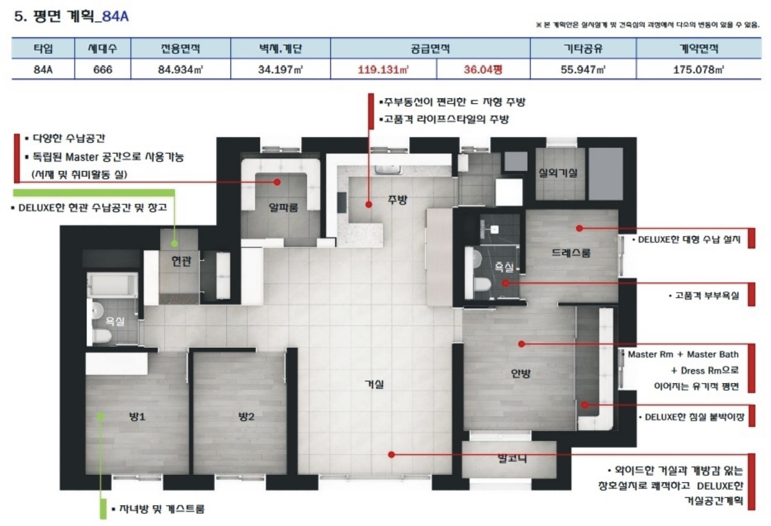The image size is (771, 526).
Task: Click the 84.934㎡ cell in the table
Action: pyautogui.click(x=180, y=69)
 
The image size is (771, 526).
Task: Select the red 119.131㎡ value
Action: pyautogui.click(x=383, y=69)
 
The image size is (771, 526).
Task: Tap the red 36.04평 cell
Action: pyautogui.click(x=483, y=69)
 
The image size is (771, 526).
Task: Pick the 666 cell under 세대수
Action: pyautogui.click(x=103, y=69)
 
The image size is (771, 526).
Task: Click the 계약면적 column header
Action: pyautogui.click(x=699, y=49)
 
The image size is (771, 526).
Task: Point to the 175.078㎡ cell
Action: pyautogui.click(x=699, y=69)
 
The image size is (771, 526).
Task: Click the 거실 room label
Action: pyautogui.click(x=374, y=384)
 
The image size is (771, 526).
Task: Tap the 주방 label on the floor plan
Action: pyautogui.click(x=397, y=200)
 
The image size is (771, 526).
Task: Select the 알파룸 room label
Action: pyautogui.click(x=283, y=207)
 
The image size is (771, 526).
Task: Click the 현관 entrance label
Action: pyautogui.click(x=181, y=261)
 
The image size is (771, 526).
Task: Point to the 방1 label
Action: pyautogui.click(x=137, y=416)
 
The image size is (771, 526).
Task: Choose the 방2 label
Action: pyautogui.click(x=246, y=416)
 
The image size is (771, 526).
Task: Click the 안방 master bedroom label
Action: pyautogui.click(x=520, y=373)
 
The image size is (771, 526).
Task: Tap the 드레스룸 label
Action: pyautogui.click(x=571, y=253)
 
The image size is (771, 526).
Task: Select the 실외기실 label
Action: pyautogui.click(x=558, y=173)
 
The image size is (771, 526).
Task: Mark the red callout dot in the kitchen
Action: pyautogui.click(x=369, y=205)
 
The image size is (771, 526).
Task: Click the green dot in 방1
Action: pyautogui.click(x=101, y=416)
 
